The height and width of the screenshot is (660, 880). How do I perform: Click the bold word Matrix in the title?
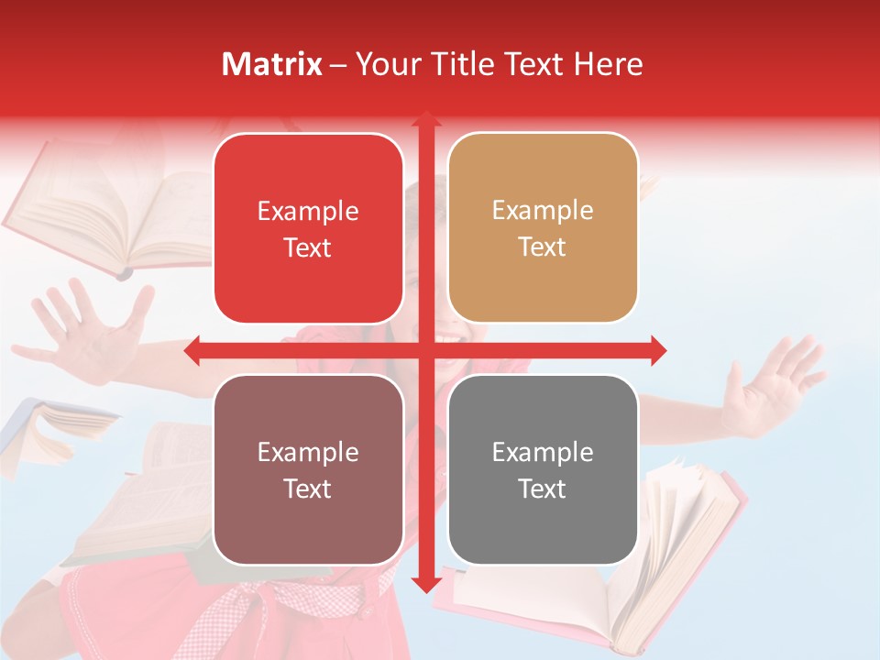[x=272, y=64]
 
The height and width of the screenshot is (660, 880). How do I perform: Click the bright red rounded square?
[x=308, y=228]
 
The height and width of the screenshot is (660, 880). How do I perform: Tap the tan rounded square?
[x=543, y=228]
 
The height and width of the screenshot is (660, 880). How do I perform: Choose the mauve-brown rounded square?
[x=308, y=469]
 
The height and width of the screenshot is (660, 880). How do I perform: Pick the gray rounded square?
[x=543, y=469]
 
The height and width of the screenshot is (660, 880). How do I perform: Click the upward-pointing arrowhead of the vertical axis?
[x=425, y=118]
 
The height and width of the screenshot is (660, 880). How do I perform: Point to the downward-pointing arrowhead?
[x=425, y=584]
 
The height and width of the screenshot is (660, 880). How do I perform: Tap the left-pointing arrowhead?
[x=192, y=350]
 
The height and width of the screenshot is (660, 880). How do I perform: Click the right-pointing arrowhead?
[x=657, y=350]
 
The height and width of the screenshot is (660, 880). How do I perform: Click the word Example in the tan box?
[x=543, y=210]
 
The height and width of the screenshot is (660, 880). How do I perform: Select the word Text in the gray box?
[x=543, y=489]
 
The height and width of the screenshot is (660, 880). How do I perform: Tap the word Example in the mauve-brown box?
[x=308, y=452]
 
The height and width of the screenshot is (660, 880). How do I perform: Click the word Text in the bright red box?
[x=308, y=247]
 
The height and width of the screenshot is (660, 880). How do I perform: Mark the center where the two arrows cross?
[x=425, y=350]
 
